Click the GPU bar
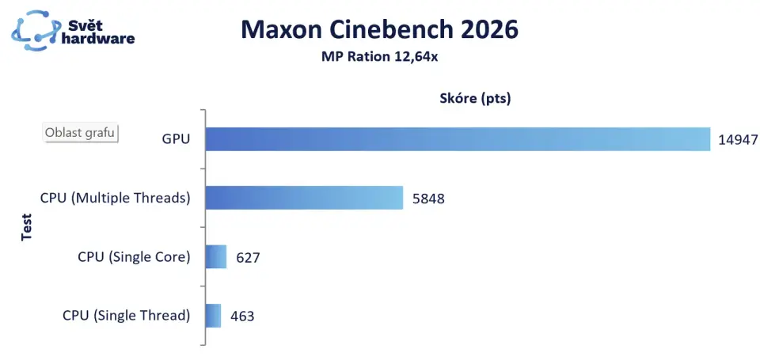458,139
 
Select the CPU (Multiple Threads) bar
304,198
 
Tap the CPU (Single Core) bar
216,257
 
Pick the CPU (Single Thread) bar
213,316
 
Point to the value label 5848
428,199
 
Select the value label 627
247,257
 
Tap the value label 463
242,316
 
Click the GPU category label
176,140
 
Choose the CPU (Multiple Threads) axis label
116,198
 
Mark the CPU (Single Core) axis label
134,257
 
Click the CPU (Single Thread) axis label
127,316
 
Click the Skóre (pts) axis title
475,99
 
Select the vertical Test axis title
25,227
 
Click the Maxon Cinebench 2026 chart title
379,30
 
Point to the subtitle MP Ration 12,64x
379,56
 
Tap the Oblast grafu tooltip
80,132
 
